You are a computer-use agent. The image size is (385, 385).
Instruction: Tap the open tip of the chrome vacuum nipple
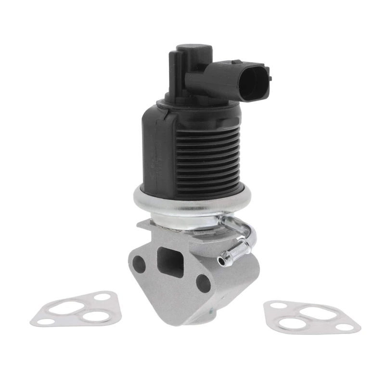click(221, 261)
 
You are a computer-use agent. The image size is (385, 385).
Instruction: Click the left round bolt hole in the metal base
click(139, 262)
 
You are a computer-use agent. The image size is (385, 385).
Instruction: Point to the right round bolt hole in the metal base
click(203, 284)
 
